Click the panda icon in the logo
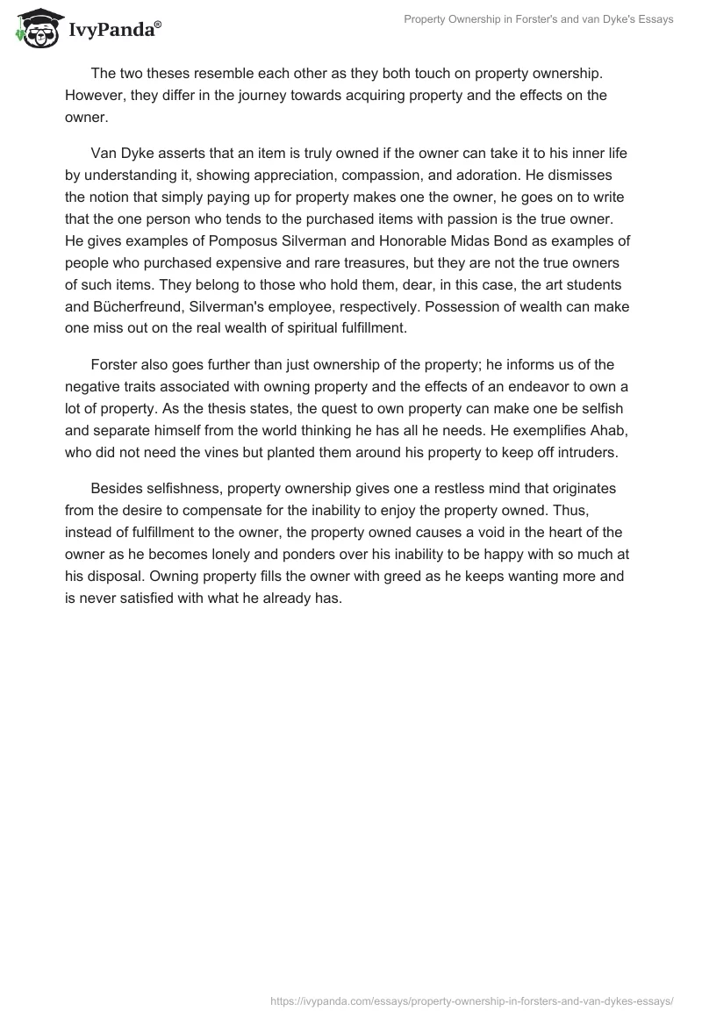[36, 28]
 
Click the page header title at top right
[538, 19]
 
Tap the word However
[96, 95]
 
